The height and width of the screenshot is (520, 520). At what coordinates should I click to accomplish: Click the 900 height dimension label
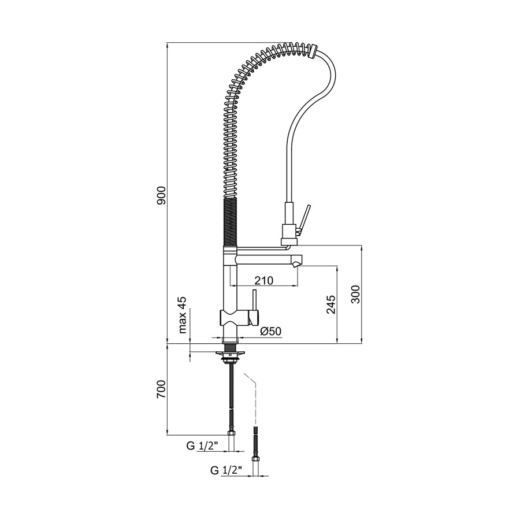(162, 195)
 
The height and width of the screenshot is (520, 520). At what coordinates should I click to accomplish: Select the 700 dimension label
(162, 389)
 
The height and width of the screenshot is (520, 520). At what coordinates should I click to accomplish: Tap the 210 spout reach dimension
(264, 281)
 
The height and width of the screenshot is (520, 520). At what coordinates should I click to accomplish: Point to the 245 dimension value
(331, 304)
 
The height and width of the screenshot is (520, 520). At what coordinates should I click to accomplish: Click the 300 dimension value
(356, 294)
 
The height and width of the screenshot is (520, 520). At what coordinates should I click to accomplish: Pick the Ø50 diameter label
(271, 331)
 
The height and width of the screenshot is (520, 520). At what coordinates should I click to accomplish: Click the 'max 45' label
(183, 315)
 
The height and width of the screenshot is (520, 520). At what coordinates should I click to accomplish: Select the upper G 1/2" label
(202, 446)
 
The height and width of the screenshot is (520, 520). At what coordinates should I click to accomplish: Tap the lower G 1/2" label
(226, 470)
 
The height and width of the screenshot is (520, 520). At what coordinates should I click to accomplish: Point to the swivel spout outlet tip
(296, 264)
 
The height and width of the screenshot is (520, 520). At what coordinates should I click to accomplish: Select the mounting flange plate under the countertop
(230, 354)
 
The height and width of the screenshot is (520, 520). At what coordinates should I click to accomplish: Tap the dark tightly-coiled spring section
(229, 222)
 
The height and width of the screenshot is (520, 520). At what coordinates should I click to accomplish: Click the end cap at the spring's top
(312, 52)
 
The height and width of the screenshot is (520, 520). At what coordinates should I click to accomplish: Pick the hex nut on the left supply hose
(231, 433)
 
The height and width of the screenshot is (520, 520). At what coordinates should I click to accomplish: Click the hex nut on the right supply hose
(256, 459)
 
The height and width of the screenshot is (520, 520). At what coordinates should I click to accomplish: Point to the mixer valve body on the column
(239, 318)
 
